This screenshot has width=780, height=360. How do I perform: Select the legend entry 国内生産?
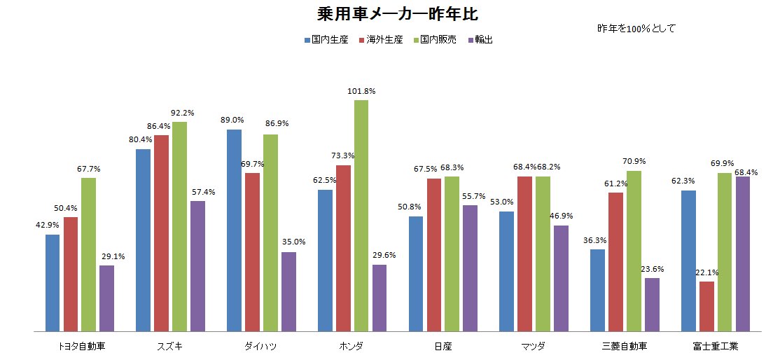pos(329,40)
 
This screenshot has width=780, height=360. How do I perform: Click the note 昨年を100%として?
pos(636,29)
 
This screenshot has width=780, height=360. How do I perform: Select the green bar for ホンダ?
pos(361,215)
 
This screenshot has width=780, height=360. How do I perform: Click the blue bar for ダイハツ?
pos(234,230)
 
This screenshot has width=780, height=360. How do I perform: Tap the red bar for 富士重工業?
pos(706,305)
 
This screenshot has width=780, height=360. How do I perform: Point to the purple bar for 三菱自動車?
pos(652,304)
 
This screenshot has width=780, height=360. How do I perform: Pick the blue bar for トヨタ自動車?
pos(53,282)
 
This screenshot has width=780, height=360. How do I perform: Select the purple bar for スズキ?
pos(197,265)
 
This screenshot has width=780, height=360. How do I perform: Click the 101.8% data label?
pos(361,91)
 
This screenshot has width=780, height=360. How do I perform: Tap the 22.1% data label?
pos(707,272)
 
